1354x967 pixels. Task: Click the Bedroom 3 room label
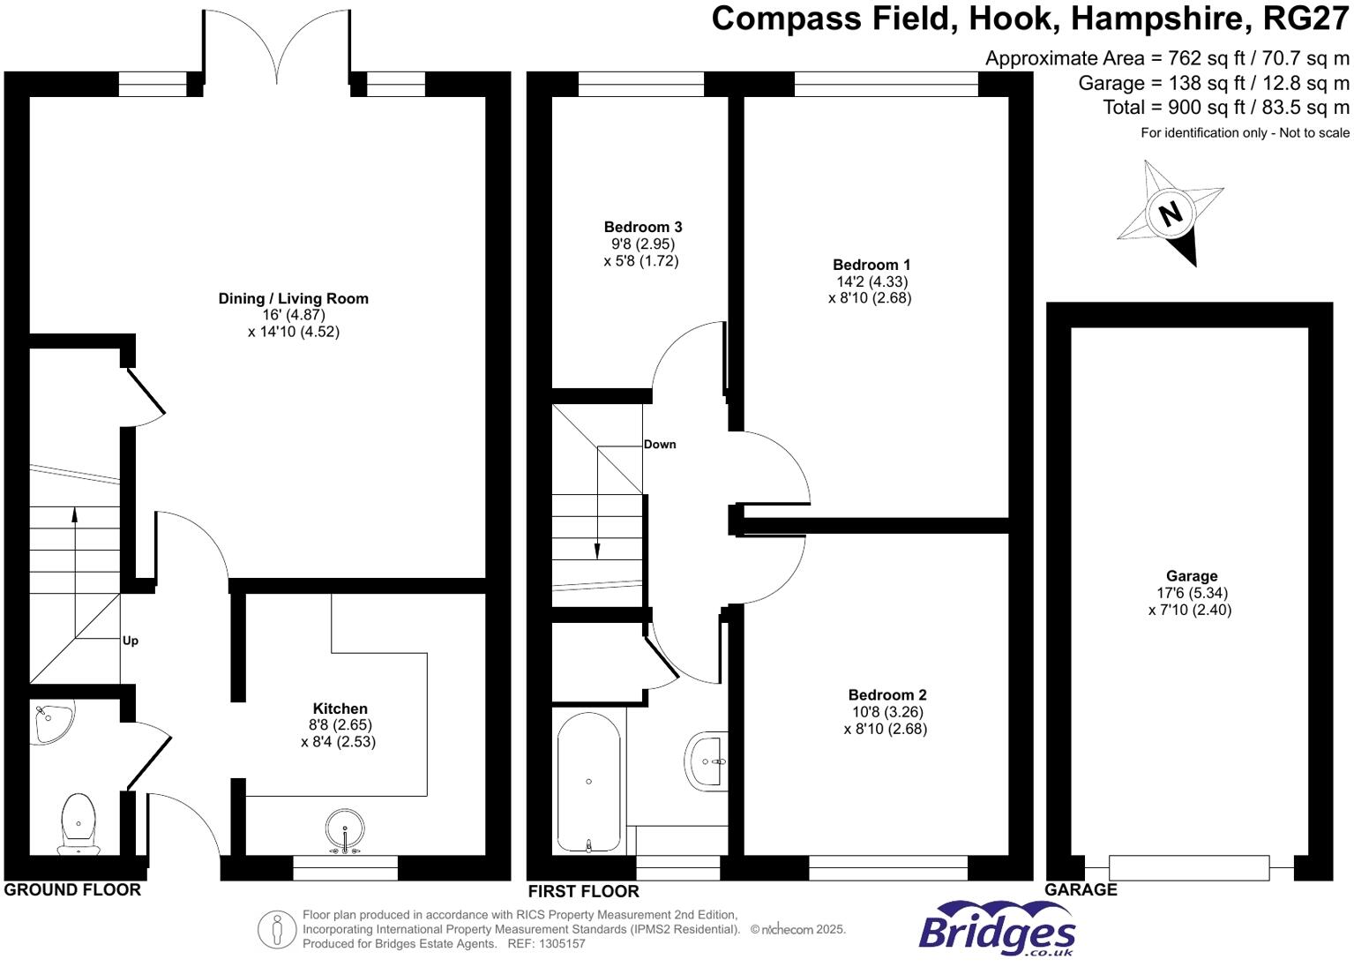642,227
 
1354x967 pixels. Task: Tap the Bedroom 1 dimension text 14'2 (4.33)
871,281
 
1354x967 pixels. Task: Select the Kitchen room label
340,708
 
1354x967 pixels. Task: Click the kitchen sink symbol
345,831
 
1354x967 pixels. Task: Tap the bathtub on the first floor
588,782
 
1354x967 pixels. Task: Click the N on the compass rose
1170,214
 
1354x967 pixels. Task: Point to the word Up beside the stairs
131,641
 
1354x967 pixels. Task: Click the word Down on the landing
660,444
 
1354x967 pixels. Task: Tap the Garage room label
1191,576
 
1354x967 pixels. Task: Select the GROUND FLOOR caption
72,889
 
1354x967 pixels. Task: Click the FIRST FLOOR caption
583,890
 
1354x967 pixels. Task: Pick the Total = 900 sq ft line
1225,108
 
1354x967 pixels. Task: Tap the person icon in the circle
277,929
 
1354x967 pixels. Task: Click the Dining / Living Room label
294,298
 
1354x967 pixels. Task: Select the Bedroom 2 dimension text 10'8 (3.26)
886,712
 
